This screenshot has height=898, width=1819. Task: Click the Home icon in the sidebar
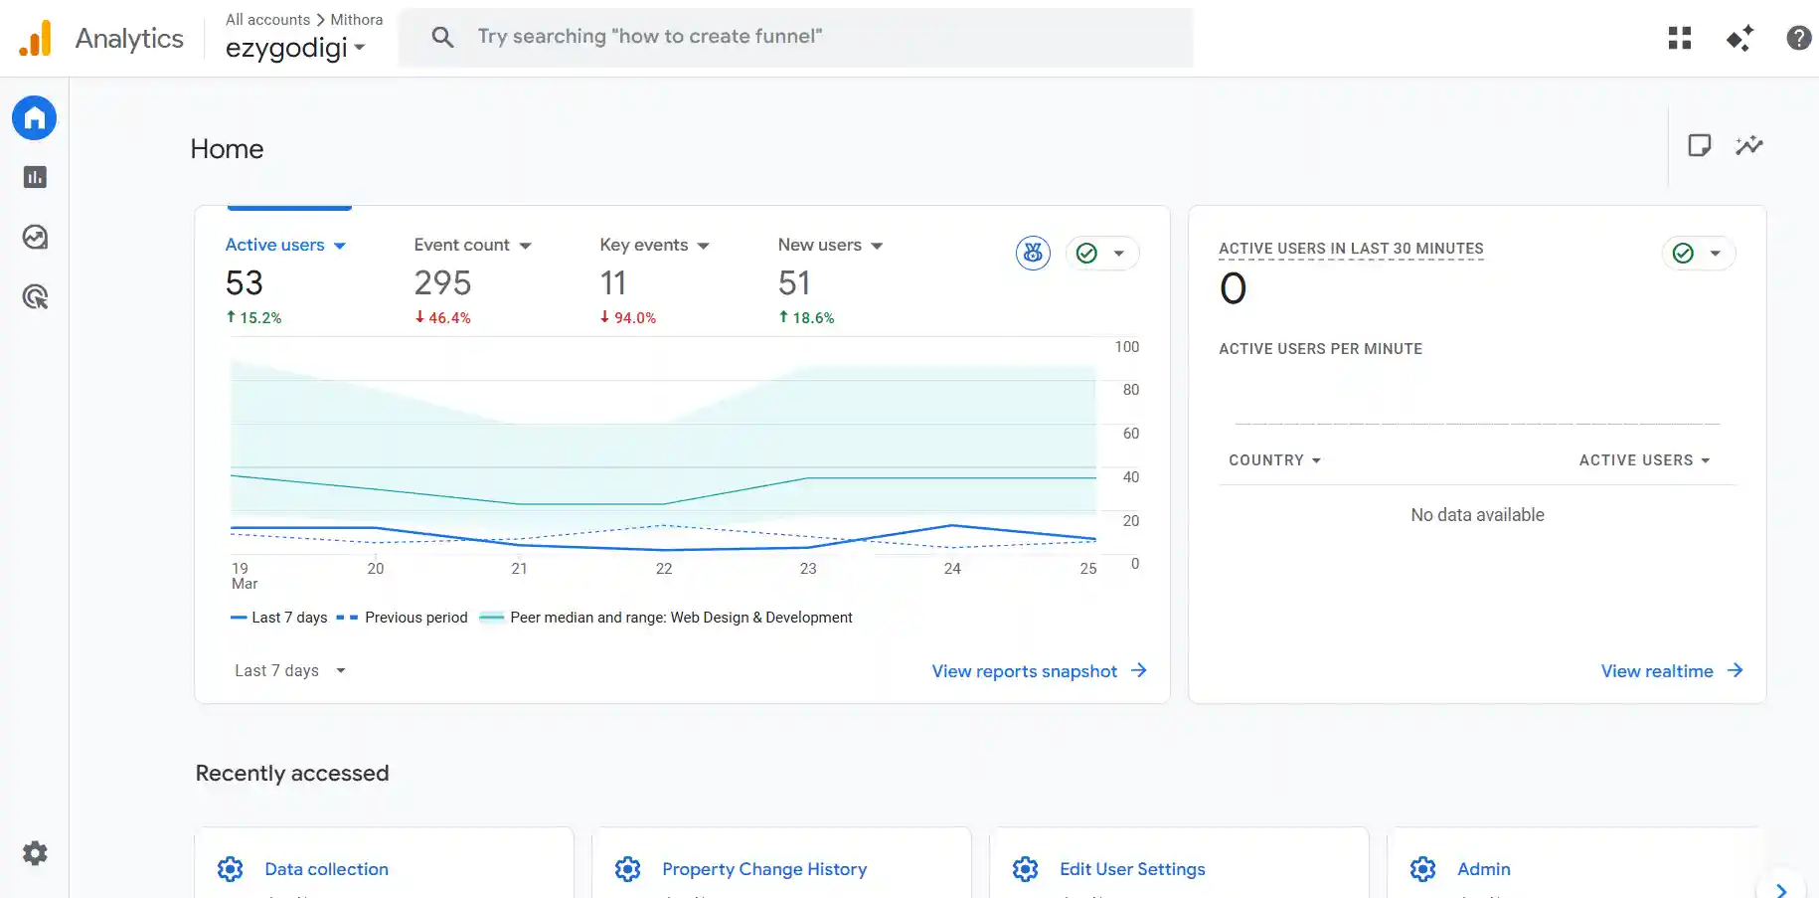34,118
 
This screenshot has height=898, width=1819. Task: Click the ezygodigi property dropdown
295,48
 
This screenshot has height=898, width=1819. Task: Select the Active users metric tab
284,245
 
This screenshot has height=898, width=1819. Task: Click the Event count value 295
442,283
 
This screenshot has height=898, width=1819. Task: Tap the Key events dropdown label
653,245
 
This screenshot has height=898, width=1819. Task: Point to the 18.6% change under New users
806,318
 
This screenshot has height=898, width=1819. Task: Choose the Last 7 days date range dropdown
289,671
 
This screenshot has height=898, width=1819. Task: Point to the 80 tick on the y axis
1130,390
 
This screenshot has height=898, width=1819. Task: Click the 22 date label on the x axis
664,569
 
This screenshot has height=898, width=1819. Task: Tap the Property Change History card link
763,869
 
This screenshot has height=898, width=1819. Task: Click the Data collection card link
326,869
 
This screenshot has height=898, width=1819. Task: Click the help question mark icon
1797,38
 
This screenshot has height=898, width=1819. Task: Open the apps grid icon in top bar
1679,38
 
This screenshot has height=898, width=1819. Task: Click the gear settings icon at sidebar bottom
35,853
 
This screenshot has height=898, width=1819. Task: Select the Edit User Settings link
1131,869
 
